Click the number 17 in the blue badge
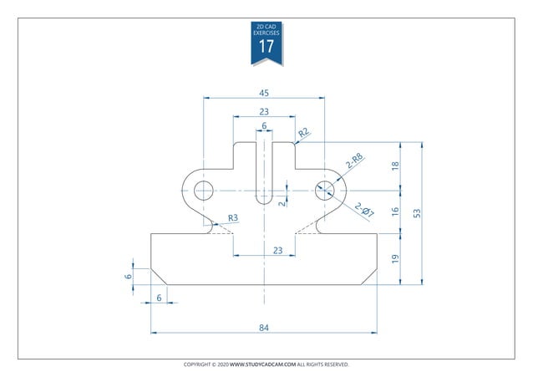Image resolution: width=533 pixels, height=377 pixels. pos(266,47)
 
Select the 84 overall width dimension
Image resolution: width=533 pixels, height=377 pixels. pos(264,328)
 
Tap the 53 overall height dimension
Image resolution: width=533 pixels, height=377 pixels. pos(416,213)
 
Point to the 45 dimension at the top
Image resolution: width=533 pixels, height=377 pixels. pos(264,93)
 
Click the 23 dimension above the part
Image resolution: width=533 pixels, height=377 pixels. pos(264,111)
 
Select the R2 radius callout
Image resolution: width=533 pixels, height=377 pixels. pos(304,132)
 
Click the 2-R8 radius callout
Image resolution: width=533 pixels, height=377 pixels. pos(354,160)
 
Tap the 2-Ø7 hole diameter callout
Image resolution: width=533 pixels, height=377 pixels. pos(364,211)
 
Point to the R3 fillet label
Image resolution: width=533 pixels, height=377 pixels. pos(233,218)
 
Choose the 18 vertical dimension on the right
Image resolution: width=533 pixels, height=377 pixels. pos(395,166)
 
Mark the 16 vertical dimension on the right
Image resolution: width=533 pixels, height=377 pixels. pos(395,212)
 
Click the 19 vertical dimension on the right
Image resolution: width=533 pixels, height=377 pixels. pos(395,259)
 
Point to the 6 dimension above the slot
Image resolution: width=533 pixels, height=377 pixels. pos(264,126)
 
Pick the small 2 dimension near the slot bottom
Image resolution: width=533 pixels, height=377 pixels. pos(282,201)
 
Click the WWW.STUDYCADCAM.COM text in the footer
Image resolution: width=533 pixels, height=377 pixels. pos(262,365)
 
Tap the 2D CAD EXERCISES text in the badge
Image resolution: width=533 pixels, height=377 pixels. pos(266,29)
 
